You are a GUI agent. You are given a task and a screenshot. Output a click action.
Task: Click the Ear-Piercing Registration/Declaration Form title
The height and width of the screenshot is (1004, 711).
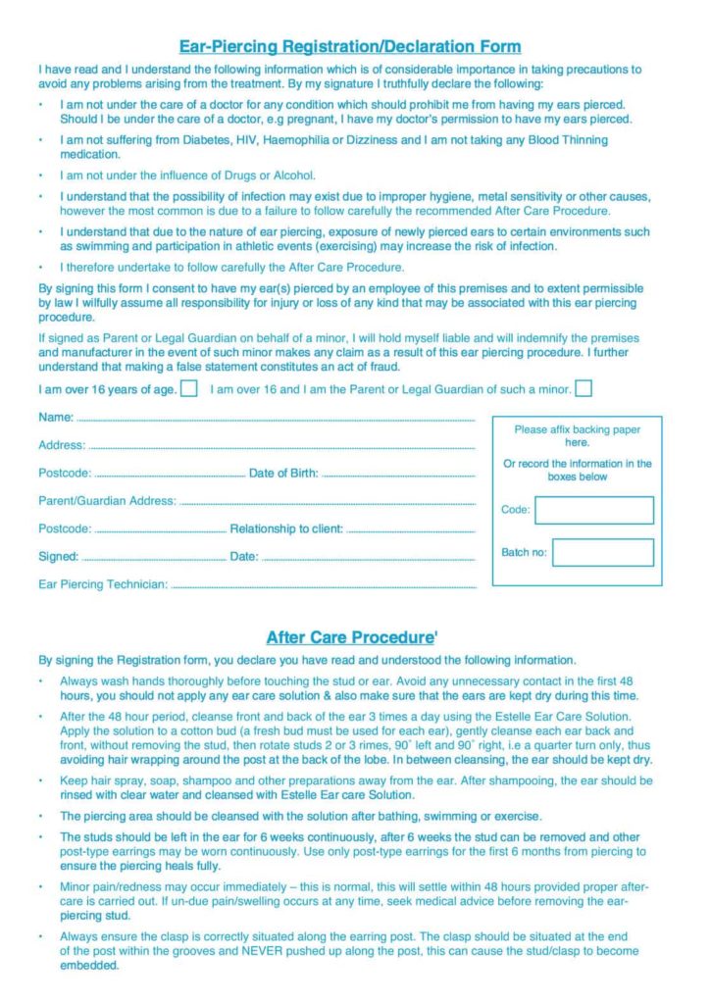pyautogui.click(x=349, y=46)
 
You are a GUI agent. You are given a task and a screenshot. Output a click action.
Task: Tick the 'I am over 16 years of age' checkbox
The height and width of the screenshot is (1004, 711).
pyautogui.click(x=189, y=388)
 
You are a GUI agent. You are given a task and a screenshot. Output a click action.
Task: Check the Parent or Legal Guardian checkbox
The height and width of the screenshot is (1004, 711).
pyautogui.click(x=583, y=388)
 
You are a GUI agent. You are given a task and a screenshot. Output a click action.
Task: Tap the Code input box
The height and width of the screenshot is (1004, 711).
pyautogui.click(x=593, y=510)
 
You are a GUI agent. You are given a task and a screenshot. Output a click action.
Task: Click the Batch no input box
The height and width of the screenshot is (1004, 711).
pyautogui.click(x=602, y=552)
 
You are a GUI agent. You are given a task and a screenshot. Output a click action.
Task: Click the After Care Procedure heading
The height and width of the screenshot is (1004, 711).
pyautogui.click(x=349, y=637)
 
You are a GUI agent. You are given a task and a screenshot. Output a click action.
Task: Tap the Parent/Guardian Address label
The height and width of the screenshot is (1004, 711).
pyautogui.click(x=107, y=501)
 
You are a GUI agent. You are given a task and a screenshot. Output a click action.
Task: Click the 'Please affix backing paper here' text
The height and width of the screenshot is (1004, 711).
pyautogui.click(x=577, y=436)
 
